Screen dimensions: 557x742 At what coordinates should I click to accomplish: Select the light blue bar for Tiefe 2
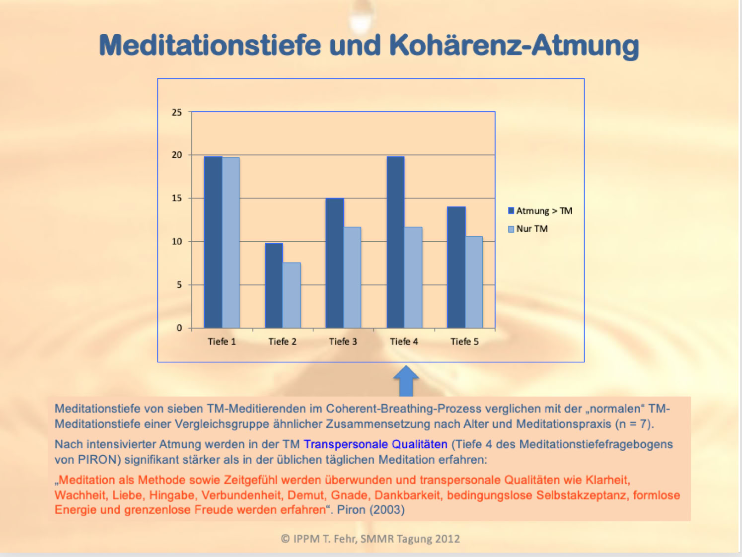[292, 295]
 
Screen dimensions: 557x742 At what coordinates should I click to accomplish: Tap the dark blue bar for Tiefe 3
[335, 263]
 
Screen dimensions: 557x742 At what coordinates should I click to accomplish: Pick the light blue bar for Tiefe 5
[474, 282]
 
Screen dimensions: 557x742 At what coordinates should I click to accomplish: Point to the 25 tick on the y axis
[177, 112]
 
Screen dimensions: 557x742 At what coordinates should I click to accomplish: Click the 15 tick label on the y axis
[177, 198]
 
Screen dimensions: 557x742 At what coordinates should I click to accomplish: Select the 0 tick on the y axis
[179, 328]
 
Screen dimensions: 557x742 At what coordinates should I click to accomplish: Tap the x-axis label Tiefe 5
[464, 342]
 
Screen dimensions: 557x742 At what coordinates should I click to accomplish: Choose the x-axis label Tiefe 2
[282, 342]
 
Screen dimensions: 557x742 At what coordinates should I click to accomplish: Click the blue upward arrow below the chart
[406, 381]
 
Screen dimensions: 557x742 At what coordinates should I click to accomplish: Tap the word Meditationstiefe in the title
[210, 46]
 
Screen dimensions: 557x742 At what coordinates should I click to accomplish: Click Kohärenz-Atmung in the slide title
[514, 46]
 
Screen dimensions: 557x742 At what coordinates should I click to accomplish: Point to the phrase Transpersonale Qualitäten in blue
[375, 444]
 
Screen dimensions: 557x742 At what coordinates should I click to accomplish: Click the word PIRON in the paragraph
[99, 460]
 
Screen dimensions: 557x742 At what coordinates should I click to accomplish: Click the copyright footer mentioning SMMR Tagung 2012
[371, 539]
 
